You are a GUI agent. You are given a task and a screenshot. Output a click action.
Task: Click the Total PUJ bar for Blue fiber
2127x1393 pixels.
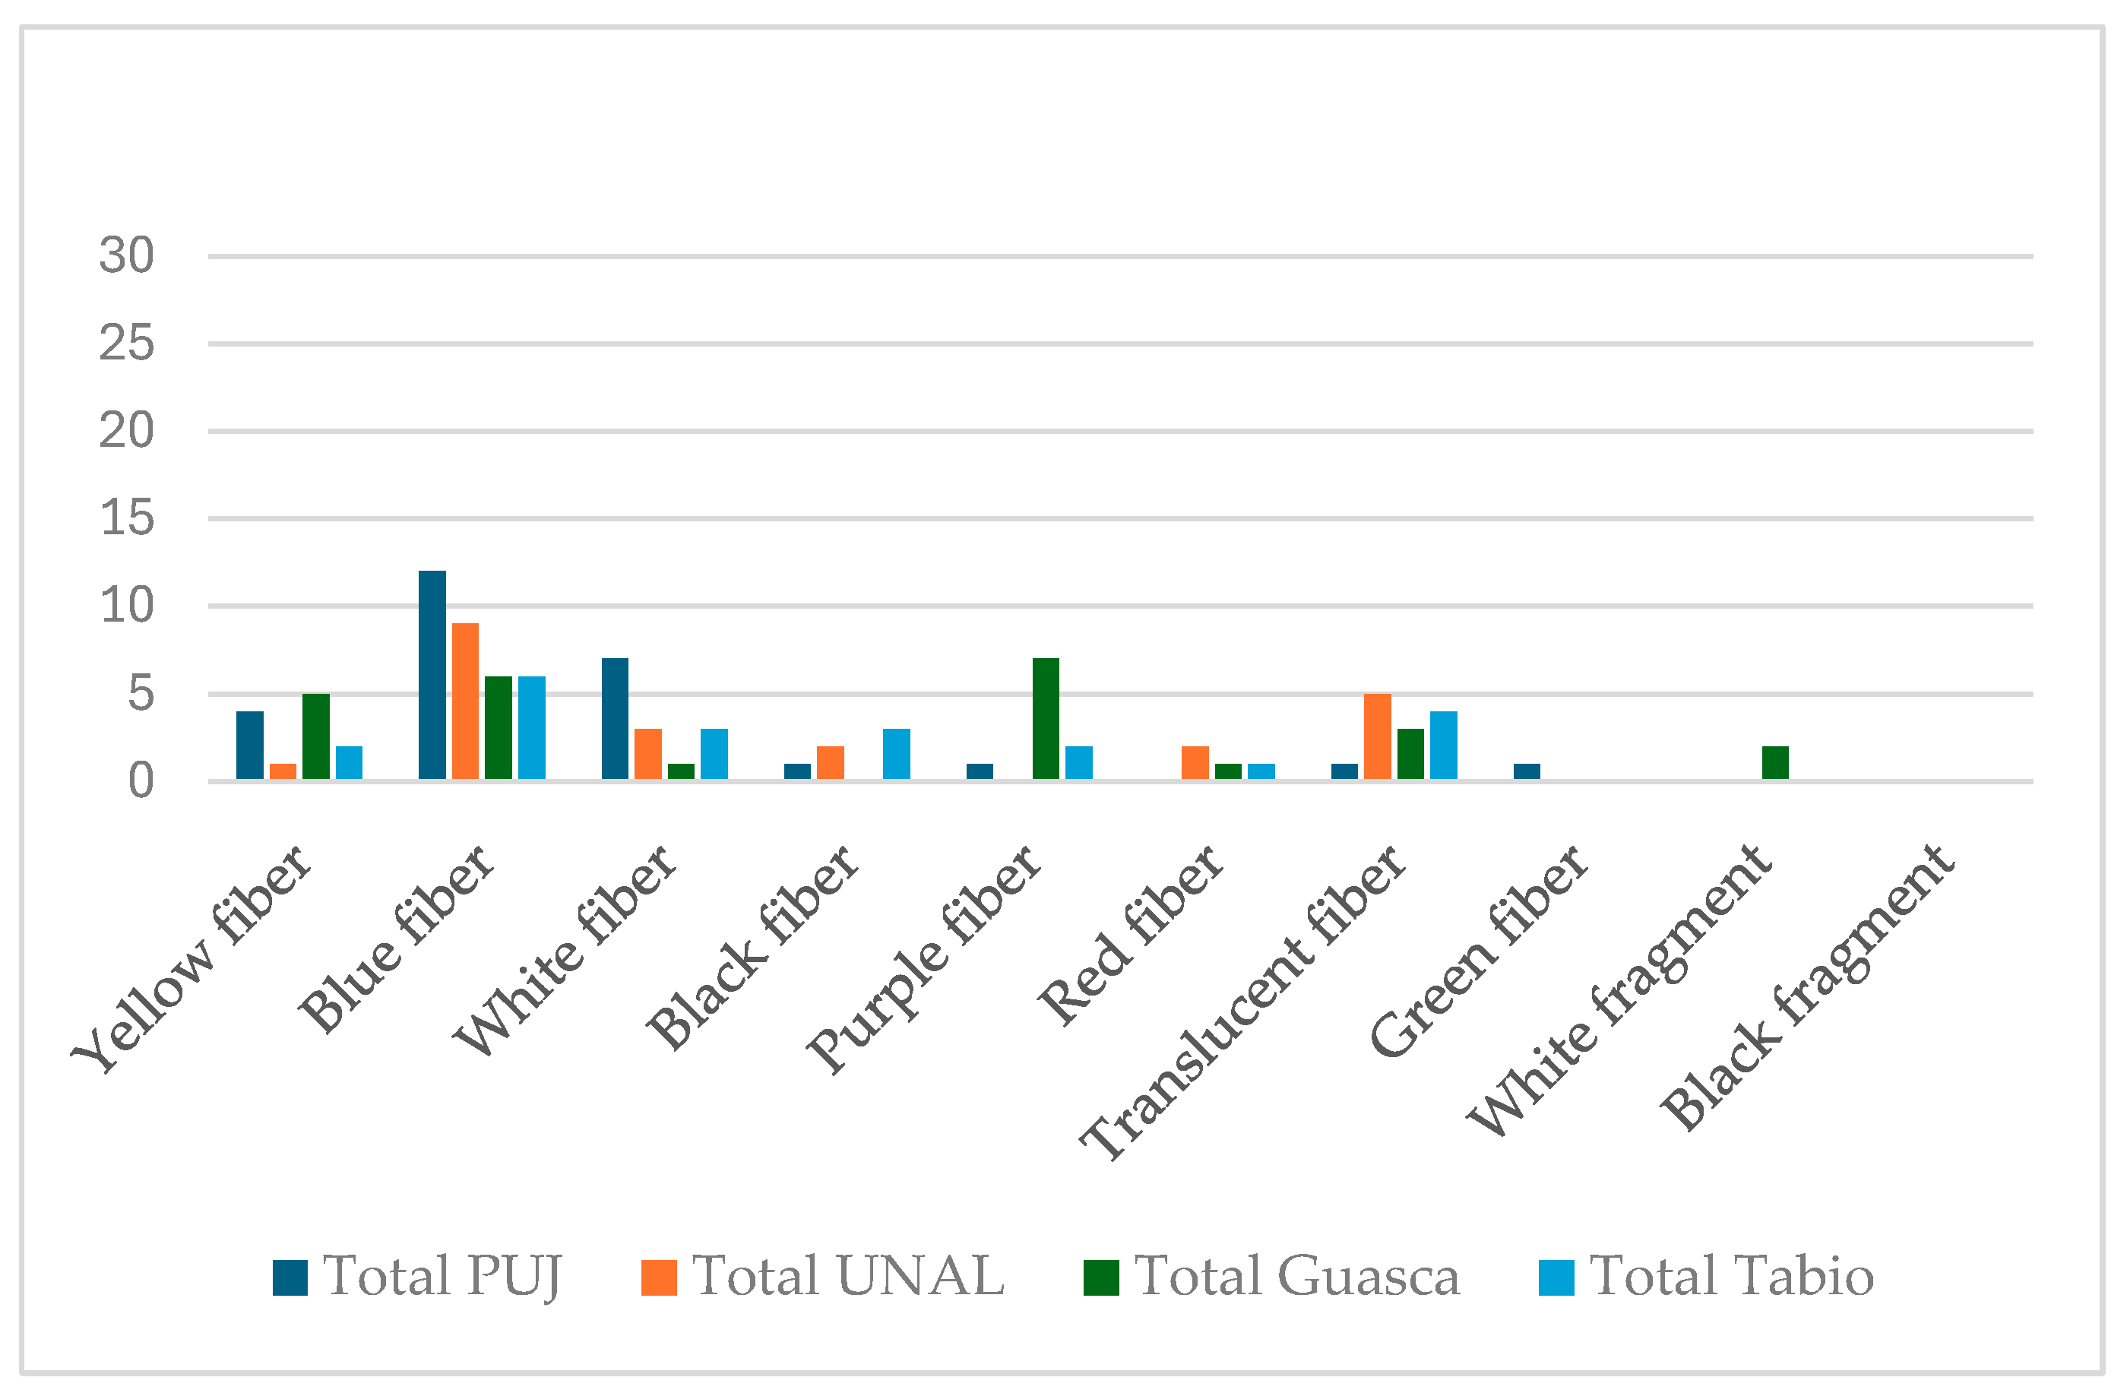pyautogui.click(x=432, y=675)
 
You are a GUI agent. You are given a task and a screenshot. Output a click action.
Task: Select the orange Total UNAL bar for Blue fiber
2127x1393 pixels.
pyautogui.click(x=465, y=701)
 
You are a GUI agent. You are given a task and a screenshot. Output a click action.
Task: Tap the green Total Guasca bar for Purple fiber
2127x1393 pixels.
pyautogui.click(x=1046, y=719)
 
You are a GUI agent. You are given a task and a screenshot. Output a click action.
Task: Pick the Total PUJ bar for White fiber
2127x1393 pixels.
pyautogui.click(x=615, y=719)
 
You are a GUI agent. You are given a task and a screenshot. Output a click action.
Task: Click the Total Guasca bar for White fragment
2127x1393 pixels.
pyautogui.click(x=1776, y=763)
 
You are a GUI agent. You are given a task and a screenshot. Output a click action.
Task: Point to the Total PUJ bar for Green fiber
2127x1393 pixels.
pyautogui.click(x=1527, y=772)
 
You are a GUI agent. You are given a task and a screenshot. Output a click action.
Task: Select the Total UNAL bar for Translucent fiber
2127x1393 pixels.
pyautogui.click(x=1377, y=737)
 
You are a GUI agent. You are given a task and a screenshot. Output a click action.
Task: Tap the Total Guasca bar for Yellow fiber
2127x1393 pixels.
pyautogui.click(x=316, y=737)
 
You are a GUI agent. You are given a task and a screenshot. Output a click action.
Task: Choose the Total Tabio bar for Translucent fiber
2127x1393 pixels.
pyautogui.click(x=1443, y=746)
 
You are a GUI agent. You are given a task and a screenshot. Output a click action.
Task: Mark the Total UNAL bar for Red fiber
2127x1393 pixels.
pyautogui.click(x=1195, y=763)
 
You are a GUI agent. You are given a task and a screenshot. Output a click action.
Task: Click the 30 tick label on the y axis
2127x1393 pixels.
pyautogui.click(x=126, y=256)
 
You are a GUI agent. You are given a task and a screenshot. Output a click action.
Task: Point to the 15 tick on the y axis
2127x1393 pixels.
pyautogui.click(x=126, y=519)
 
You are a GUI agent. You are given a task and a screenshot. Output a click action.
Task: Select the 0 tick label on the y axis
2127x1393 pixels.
pyautogui.click(x=141, y=782)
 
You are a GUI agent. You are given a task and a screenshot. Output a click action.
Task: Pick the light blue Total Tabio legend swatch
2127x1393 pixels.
pyautogui.click(x=1556, y=1277)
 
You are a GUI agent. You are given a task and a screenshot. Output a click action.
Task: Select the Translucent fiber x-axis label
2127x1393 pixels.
pyautogui.click(x=1243, y=1002)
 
